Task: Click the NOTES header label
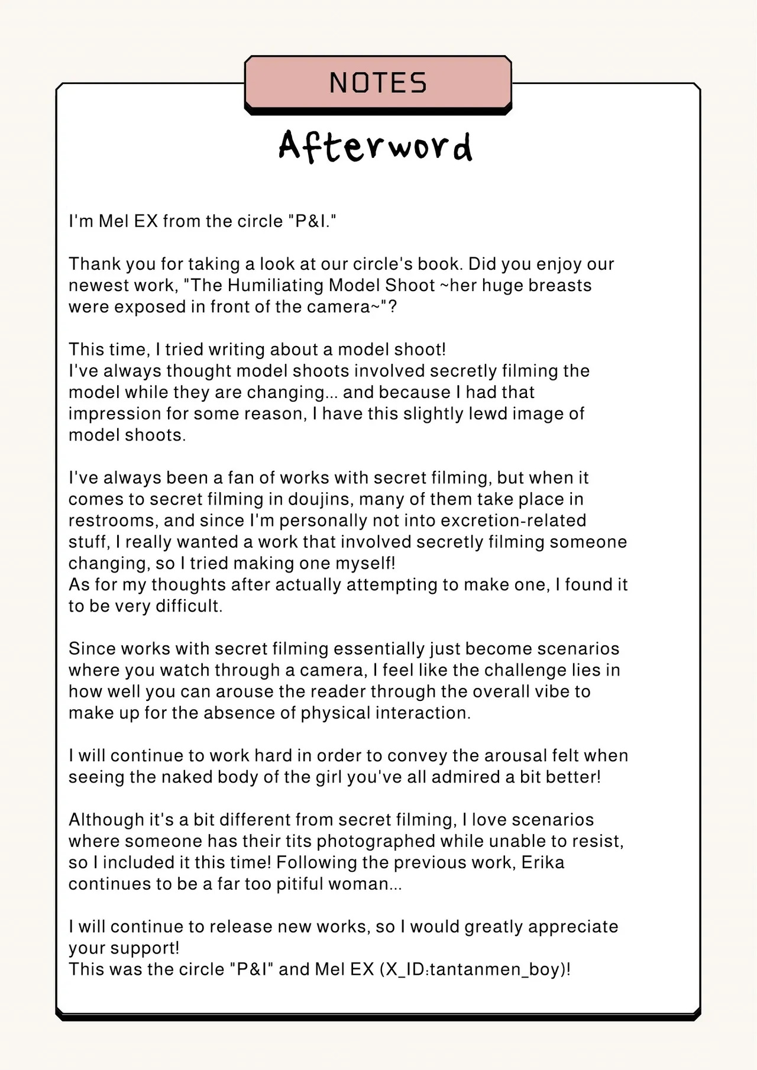(378, 83)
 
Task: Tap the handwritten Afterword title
(376, 147)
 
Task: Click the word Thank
(95, 264)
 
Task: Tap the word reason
(277, 413)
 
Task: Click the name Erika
(543, 862)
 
